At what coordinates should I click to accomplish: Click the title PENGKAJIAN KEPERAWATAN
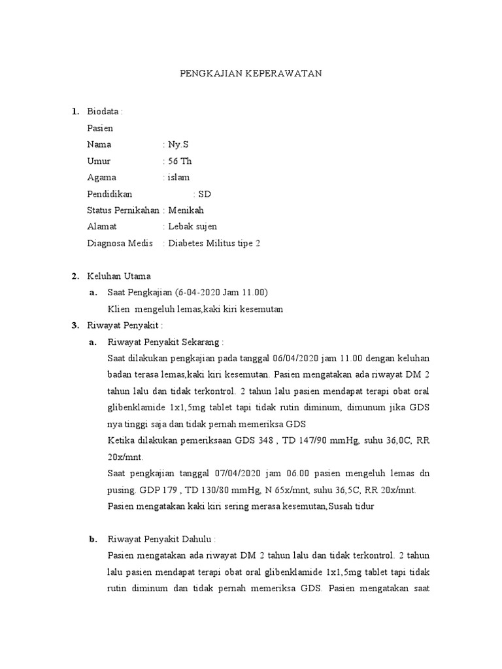pyautogui.click(x=251, y=74)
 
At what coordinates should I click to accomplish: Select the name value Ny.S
pyautogui.click(x=178, y=144)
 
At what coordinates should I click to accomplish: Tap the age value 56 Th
pyautogui.click(x=180, y=161)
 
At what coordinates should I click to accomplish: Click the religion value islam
pyautogui.click(x=179, y=177)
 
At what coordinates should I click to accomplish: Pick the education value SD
pyautogui.click(x=205, y=194)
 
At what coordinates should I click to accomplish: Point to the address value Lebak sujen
pyautogui.click(x=193, y=227)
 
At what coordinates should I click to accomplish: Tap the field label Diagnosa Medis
pyautogui.click(x=120, y=243)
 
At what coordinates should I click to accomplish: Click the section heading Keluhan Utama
pyautogui.click(x=118, y=276)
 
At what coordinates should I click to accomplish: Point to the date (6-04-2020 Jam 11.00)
pyautogui.click(x=212, y=292)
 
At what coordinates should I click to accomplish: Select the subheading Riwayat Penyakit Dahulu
pyautogui.click(x=160, y=539)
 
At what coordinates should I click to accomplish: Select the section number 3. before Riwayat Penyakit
pyautogui.click(x=75, y=325)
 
